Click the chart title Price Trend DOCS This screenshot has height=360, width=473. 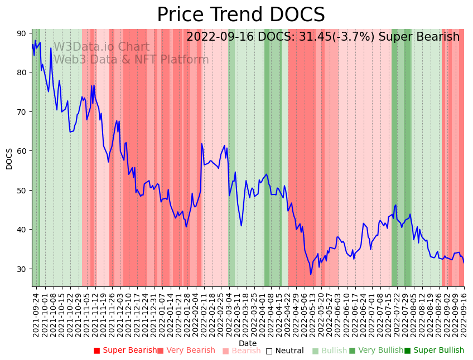tap(240, 15)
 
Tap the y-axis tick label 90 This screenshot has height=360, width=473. tap(21, 33)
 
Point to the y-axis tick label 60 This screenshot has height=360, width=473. tap(21, 151)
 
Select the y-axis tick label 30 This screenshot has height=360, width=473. tap(21, 269)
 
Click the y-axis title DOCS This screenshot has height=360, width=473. tap(9, 158)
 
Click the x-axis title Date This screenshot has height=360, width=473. tap(248, 343)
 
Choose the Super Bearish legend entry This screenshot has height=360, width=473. tap(126, 351)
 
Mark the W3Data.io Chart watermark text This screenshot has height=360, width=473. tap(101, 47)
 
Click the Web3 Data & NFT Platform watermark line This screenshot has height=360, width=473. tap(131, 60)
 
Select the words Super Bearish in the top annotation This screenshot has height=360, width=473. tap(419, 37)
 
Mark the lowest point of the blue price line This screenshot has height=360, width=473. tap(311, 274)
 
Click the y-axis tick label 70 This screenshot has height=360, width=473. tap(21, 112)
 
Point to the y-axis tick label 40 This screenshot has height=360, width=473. tap(21, 230)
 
